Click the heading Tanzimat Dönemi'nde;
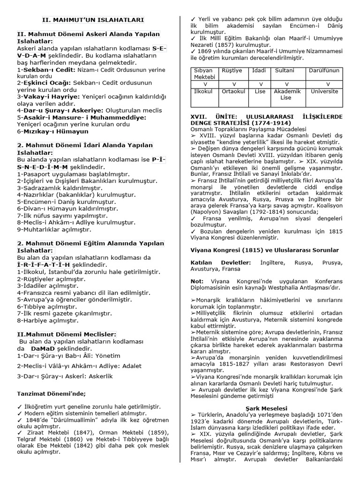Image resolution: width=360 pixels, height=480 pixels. point(52,393)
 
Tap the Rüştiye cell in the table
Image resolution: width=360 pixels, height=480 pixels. point(233,70)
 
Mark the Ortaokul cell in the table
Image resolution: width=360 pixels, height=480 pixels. point(233,91)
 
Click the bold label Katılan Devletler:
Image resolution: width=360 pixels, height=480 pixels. point(221,262)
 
